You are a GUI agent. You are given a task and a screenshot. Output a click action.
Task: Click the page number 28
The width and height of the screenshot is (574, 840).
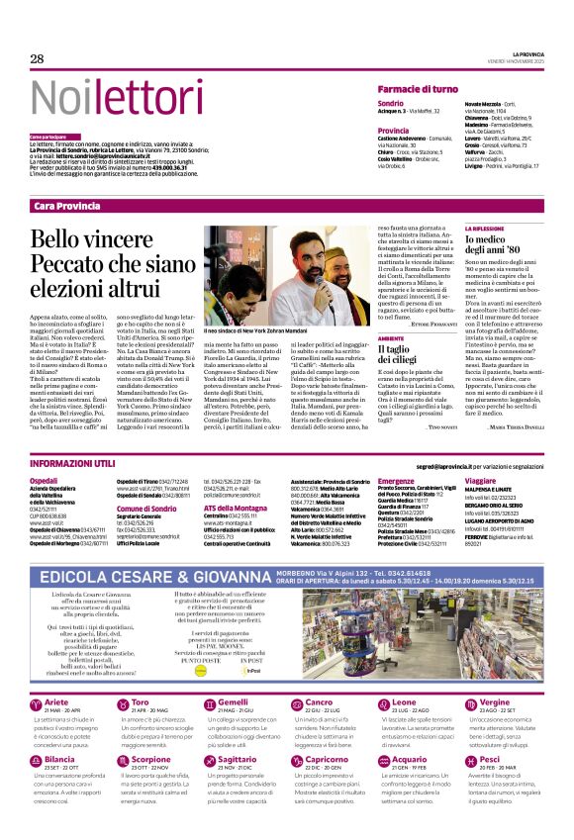click(x=37, y=58)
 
